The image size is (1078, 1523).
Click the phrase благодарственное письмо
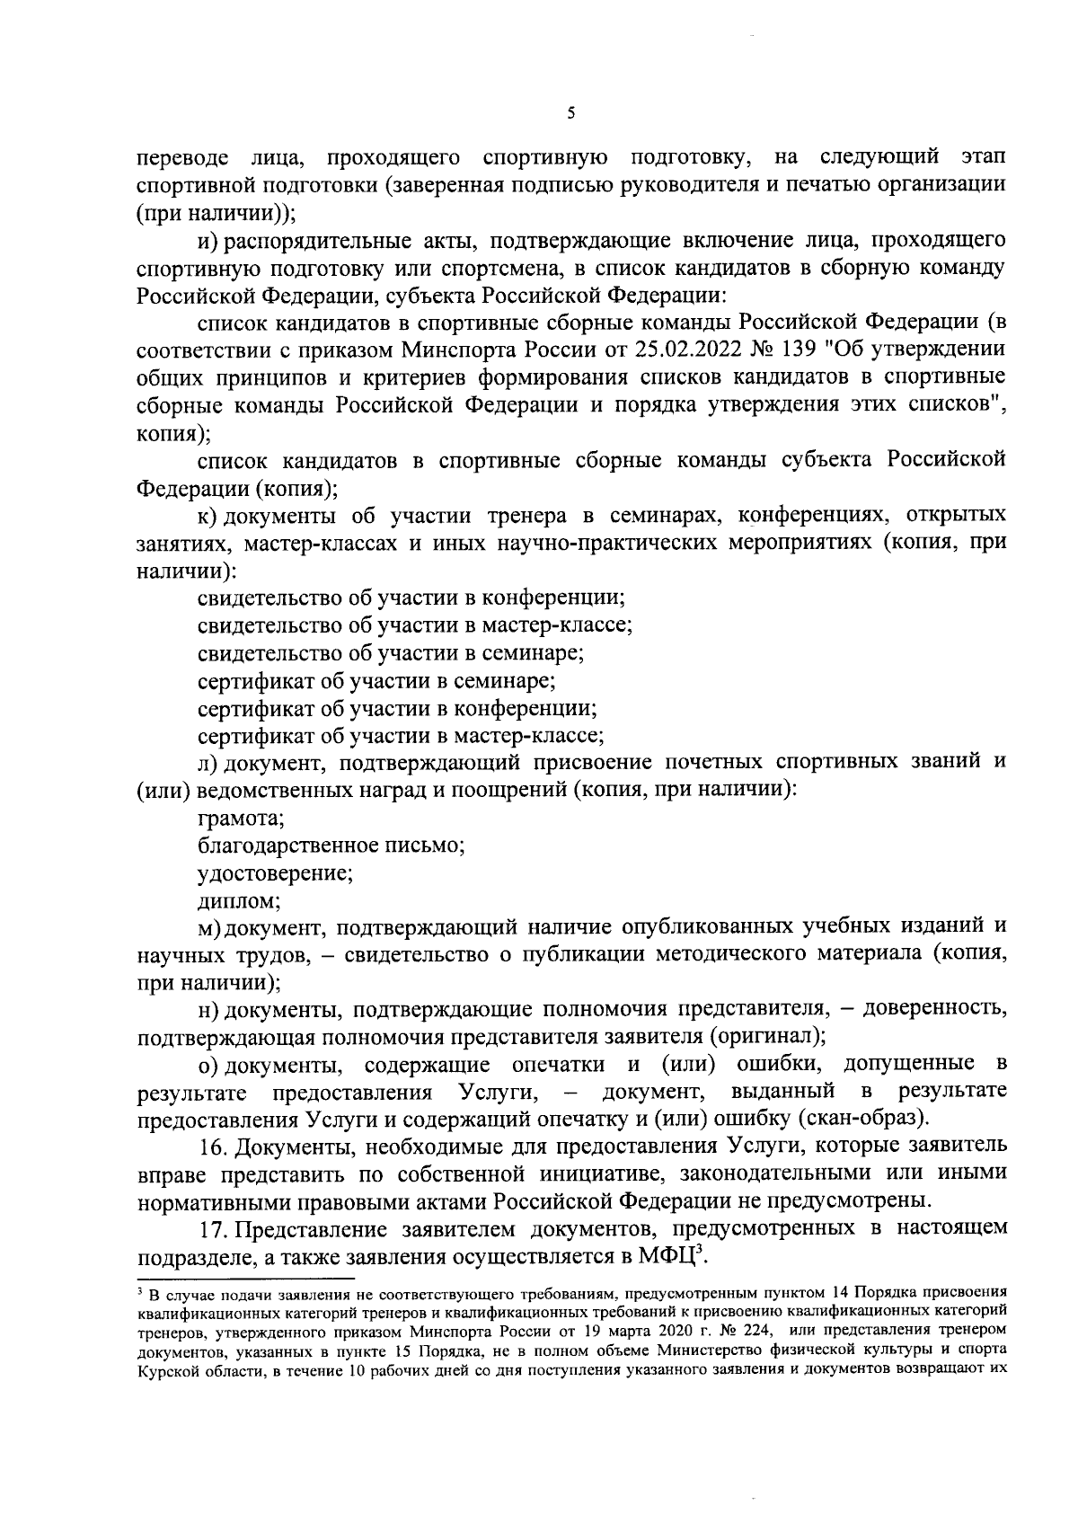click(x=330, y=846)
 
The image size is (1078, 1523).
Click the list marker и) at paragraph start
click(x=208, y=241)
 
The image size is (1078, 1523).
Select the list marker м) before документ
click(x=209, y=926)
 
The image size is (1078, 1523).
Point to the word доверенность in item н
click(x=934, y=1009)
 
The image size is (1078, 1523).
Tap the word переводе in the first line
click(x=180, y=159)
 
